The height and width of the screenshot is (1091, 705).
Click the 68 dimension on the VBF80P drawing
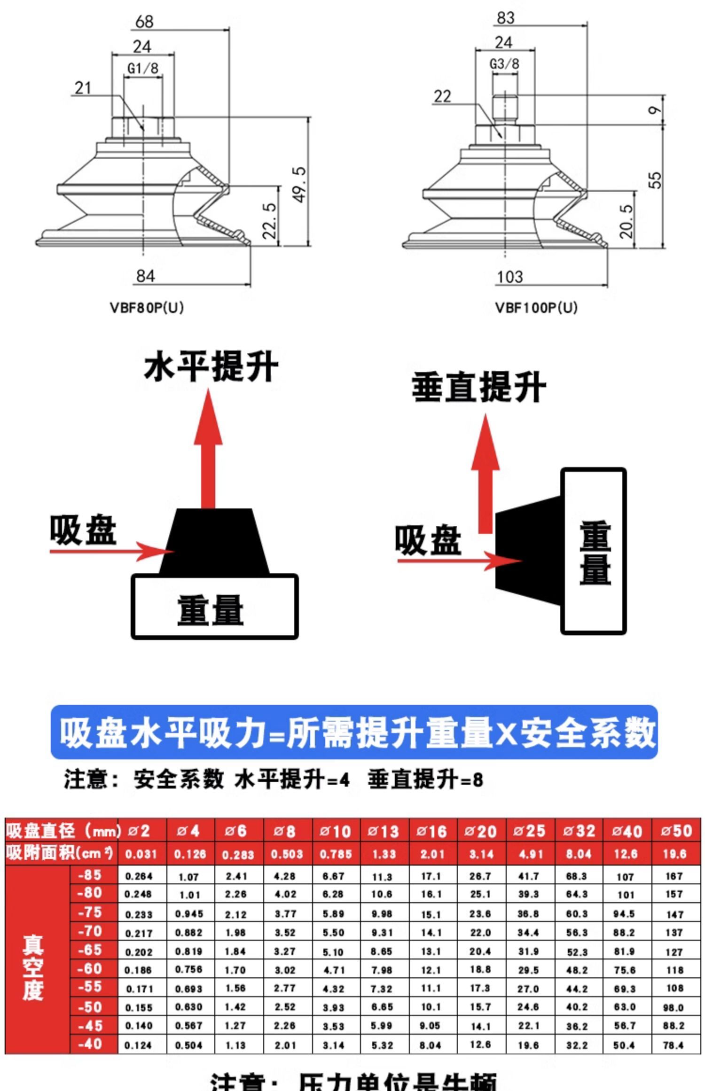(x=144, y=22)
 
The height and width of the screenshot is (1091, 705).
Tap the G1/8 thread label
(x=143, y=68)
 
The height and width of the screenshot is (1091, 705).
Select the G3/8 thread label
(x=504, y=64)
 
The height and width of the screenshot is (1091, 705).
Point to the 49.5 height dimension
(x=299, y=185)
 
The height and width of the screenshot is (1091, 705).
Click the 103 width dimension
(x=510, y=277)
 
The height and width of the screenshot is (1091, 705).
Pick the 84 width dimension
(x=145, y=276)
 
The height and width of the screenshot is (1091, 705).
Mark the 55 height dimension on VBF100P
(x=655, y=180)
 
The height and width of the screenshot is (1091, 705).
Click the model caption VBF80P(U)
(x=147, y=308)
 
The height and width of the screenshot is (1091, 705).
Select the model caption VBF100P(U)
(x=536, y=308)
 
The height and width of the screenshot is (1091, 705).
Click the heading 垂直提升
(x=478, y=388)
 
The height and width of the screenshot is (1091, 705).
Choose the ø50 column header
(x=676, y=831)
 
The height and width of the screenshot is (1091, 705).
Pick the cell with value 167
(x=674, y=876)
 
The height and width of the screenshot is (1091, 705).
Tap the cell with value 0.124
(x=138, y=1045)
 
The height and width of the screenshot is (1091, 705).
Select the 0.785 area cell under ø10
(x=336, y=854)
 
